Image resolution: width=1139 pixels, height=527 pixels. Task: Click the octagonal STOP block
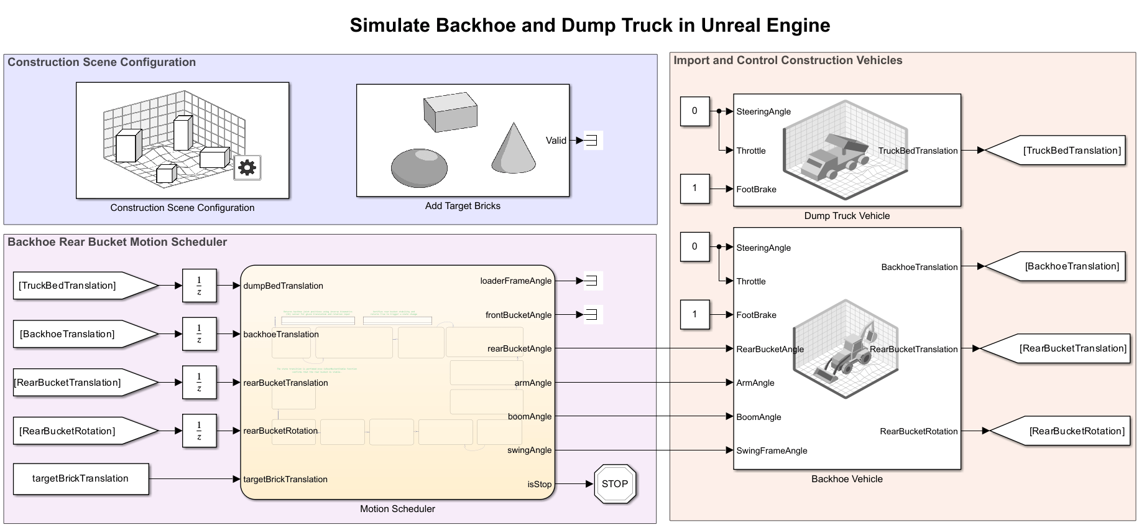coord(614,484)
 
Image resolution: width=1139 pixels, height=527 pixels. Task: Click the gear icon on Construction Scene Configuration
coord(247,167)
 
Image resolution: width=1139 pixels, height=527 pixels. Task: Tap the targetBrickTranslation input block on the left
coord(81,478)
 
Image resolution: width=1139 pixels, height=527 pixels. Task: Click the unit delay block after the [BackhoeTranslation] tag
coord(199,334)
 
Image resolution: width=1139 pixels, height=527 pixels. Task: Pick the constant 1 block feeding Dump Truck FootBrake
coord(694,189)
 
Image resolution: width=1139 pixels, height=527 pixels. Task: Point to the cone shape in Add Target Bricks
coord(514,149)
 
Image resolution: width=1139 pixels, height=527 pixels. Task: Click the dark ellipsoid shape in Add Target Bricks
coord(419,167)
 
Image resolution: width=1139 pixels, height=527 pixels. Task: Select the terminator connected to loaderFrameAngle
coord(592,281)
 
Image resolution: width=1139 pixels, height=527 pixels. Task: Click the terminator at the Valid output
coord(592,141)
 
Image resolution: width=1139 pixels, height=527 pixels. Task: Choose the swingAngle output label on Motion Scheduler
coord(529,450)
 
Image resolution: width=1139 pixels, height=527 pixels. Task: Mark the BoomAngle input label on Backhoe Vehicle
coord(759,417)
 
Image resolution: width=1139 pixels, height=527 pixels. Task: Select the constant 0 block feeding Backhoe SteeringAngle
coord(694,246)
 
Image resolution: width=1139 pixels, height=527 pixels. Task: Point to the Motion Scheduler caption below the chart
coord(397,509)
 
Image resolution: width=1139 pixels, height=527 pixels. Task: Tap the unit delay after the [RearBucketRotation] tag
coord(199,431)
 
